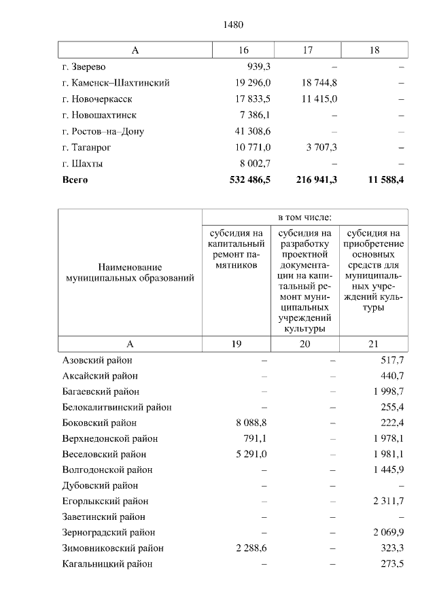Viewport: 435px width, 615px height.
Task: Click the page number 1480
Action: point(233,25)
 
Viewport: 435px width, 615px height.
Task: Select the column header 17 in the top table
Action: point(307,50)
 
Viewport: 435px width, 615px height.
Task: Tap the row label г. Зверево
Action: point(84,67)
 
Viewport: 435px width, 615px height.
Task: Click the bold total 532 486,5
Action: point(245,179)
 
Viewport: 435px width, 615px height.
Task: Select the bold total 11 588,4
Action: point(383,179)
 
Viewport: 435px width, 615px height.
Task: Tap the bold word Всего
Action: point(75,180)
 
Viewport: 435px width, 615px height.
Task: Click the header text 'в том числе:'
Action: point(305,217)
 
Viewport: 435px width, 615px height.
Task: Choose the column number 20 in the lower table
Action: point(305,344)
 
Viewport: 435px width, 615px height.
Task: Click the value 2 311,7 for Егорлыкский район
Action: point(389,501)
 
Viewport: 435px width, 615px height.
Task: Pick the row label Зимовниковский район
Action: point(113,548)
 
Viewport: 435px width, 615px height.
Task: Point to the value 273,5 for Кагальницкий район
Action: point(393,563)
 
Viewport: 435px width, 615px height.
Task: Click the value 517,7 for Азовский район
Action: point(393,360)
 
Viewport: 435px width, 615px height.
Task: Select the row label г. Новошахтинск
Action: point(99,115)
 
